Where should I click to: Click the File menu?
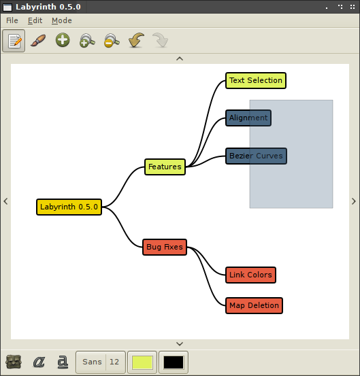click(x=12, y=20)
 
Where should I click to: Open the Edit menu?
click(x=35, y=20)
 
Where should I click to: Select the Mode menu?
click(x=62, y=20)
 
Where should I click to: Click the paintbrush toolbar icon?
click(x=38, y=40)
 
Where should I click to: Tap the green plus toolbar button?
click(x=63, y=40)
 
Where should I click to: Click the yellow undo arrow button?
click(x=136, y=40)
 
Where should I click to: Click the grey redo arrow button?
click(x=161, y=40)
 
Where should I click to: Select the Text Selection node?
click(x=256, y=80)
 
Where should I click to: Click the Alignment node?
click(x=248, y=118)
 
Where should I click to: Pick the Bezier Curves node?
click(x=256, y=156)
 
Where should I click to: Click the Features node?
click(x=165, y=167)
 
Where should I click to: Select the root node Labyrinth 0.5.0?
click(x=69, y=207)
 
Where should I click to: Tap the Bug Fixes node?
click(x=165, y=247)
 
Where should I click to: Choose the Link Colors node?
click(x=250, y=275)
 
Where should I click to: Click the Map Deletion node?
click(x=254, y=306)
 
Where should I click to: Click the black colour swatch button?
click(x=174, y=362)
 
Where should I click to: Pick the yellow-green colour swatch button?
click(x=142, y=362)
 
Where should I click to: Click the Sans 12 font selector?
click(x=101, y=362)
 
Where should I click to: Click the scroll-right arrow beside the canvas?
click(x=353, y=201)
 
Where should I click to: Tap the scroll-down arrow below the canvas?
click(x=180, y=344)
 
